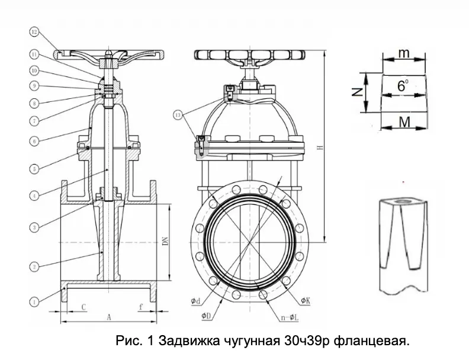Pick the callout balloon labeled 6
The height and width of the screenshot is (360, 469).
pos(34,142)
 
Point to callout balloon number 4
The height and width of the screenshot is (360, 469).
pos(34,194)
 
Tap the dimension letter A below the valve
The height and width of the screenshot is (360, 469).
pos(108,317)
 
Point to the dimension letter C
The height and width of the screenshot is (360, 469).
pos(85,307)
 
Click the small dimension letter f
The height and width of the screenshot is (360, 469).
pos(140,307)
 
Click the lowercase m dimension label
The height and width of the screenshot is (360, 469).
pos(404,53)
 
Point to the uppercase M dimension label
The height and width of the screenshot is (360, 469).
pos(404,122)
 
